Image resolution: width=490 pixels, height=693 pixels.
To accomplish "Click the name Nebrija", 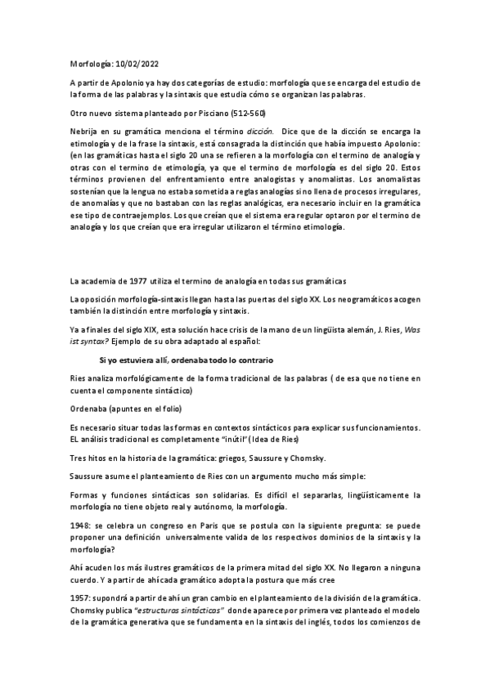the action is [x=85, y=131].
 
